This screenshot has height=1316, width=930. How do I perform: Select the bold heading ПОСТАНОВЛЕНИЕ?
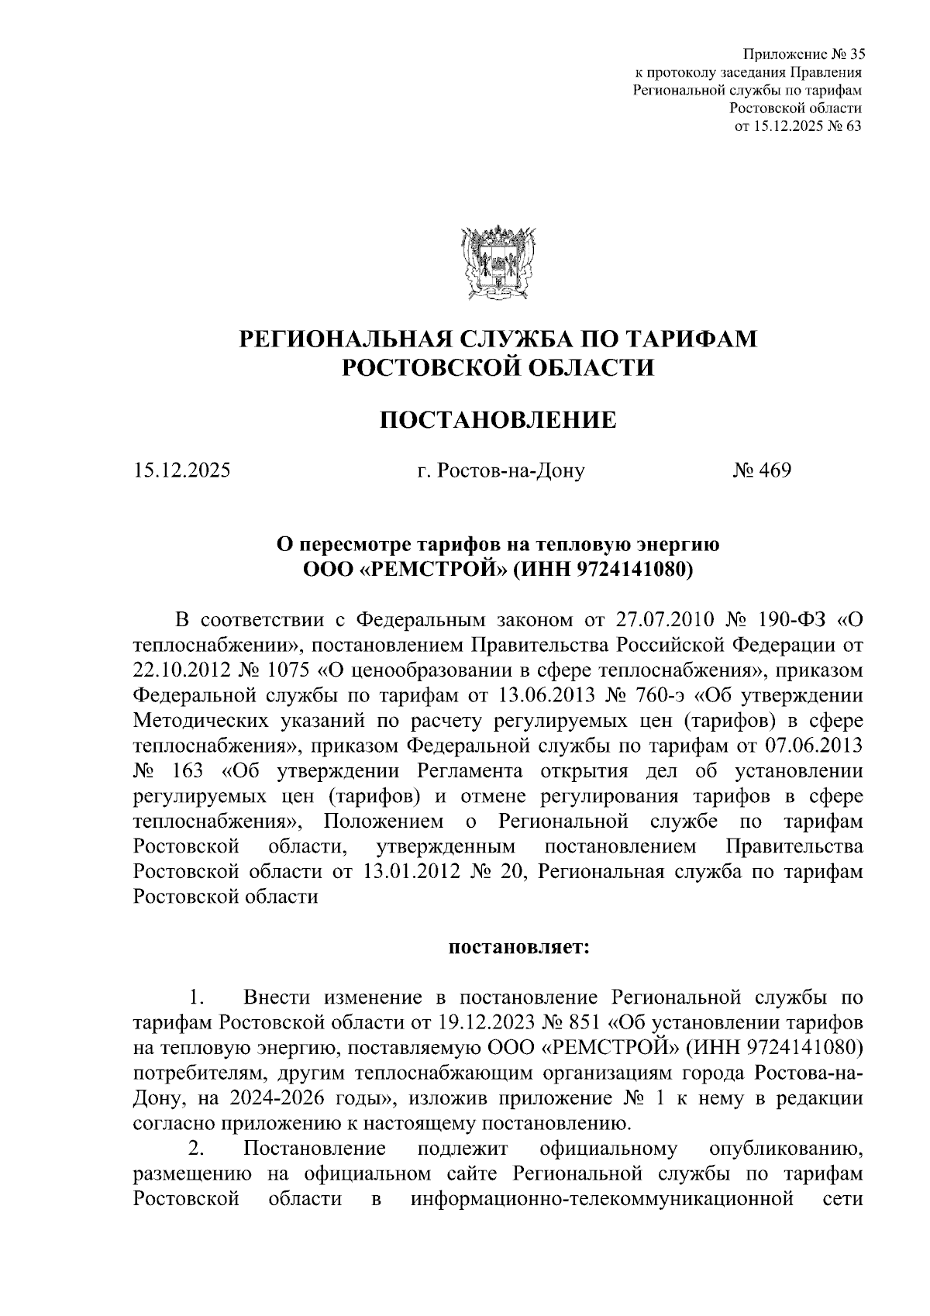pos(498,421)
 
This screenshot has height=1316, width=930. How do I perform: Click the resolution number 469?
pos(773,470)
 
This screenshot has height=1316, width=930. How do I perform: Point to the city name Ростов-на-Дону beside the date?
pos(500,470)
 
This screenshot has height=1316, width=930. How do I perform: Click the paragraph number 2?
pos(195,1149)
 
